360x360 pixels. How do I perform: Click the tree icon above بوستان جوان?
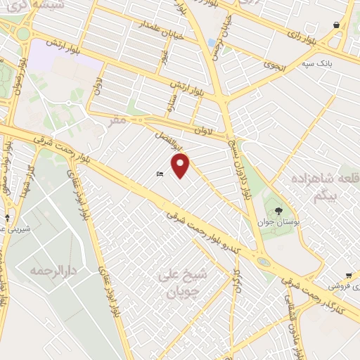tap(279, 210)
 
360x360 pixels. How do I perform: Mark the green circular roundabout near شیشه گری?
tap(23, 32)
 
